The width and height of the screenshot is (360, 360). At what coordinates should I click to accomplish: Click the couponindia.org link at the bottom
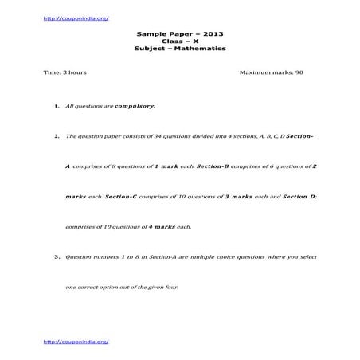click(x=76, y=341)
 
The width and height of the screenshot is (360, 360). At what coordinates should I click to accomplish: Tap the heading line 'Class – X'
click(x=180, y=42)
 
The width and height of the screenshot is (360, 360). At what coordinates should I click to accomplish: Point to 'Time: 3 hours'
click(x=65, y=72)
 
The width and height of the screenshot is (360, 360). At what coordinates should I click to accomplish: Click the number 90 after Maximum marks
click(x=299, y=72)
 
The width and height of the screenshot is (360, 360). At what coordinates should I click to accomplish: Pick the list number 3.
click(x=57, y=257)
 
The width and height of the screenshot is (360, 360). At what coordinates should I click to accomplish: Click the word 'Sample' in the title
click(x=151, y=35)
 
